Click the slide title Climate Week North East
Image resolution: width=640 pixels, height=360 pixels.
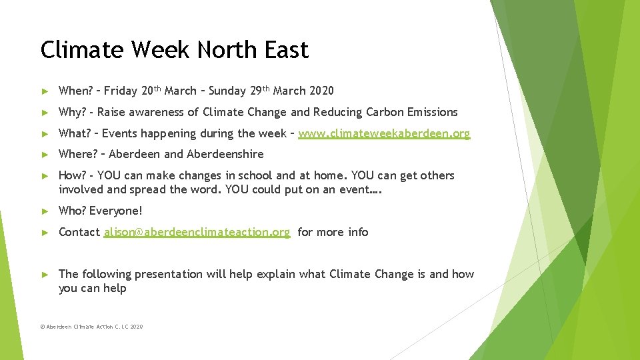[x=174, y=50]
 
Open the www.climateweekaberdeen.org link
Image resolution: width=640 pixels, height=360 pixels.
[x=384, y=133]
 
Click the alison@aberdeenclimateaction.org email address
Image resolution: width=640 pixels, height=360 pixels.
[x=197, y=232]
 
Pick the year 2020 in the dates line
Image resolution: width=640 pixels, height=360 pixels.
[x=322, y=91]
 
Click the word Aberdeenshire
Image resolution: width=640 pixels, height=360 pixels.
[x=225, y=154]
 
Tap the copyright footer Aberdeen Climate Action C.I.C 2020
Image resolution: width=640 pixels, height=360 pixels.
[x=91, y=327]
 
